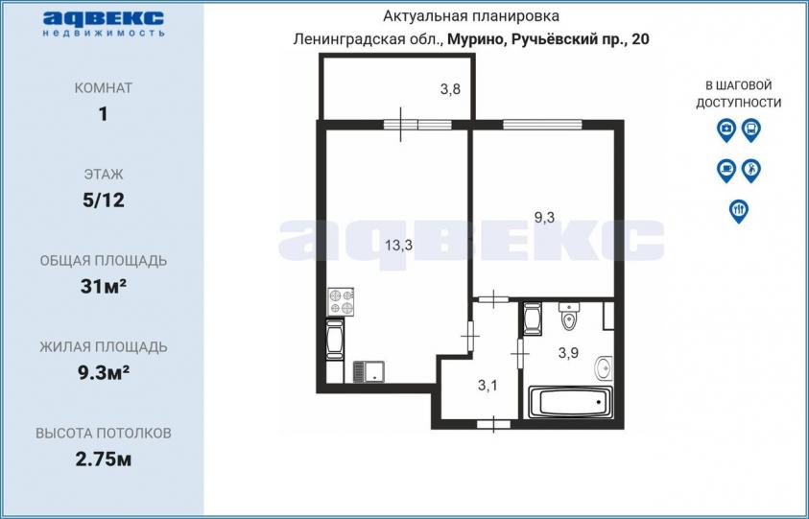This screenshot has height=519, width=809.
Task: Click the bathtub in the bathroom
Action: (x=570, y=402)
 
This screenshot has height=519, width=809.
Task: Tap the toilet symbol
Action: (x=569, y=317)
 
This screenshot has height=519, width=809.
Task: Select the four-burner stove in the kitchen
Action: (x=341, y=302)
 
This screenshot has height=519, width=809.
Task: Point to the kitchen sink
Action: (x=369, y=371)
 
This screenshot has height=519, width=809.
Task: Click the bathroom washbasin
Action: (x=604, y=367)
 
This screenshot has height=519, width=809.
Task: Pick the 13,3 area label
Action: (x=399, y=246)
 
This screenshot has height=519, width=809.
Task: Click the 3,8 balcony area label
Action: (x=450, y=90)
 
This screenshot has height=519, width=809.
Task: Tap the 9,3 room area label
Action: (x=544, y=218)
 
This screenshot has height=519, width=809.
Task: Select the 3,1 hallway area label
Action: (x=488, y=386)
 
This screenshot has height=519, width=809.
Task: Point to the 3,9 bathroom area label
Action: (x=568, y=353)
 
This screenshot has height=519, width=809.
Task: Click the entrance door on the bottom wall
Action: (x=494, y=425)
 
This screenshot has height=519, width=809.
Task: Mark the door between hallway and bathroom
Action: (x=520, y=354)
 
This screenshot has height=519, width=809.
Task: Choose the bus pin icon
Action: (x=751, y=130)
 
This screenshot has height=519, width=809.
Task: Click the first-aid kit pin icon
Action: (x=726, y=130)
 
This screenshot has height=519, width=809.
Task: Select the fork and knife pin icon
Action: (x=739, y=211)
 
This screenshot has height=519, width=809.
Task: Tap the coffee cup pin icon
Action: (x=726, y=170)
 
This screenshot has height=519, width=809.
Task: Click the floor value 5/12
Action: (x=104, y=201)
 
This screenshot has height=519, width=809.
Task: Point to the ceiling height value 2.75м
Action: (x=104, y=460)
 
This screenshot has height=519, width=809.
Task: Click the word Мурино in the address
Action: (x=472, y=39)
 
